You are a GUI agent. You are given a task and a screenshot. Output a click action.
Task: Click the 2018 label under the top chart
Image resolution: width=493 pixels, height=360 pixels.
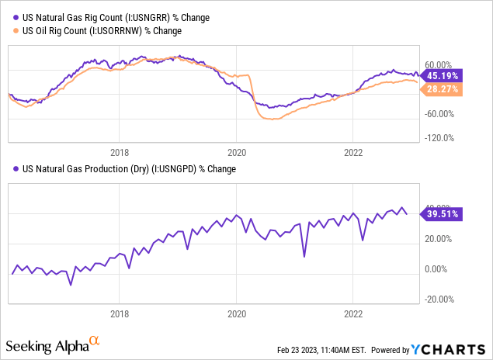point(120,152)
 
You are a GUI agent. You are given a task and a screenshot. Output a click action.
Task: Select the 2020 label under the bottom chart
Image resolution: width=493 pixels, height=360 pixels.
point(236,315)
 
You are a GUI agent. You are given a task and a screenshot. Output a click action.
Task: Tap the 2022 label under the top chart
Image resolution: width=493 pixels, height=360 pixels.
point(353,152)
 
